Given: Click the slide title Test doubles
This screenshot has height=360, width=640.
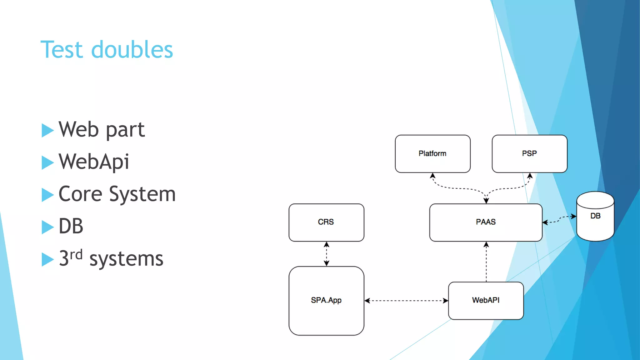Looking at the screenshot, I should coord(107,50).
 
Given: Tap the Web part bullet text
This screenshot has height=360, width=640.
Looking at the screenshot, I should coord(102,129).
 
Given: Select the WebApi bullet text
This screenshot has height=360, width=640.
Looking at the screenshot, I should coord(94,162).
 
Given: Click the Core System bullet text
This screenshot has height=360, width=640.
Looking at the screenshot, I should coord(117,194).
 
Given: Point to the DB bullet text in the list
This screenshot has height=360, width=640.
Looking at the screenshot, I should coord(71,226).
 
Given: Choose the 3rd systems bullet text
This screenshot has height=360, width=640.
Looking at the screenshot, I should coord(111,259).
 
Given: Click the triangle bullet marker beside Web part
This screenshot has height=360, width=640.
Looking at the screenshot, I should coord(47,130).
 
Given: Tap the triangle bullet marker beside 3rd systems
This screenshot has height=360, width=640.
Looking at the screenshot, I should coord(47,259).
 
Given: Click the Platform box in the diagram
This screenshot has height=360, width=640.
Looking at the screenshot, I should coord(432,154).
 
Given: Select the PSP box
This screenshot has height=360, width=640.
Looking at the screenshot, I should coord(529,154).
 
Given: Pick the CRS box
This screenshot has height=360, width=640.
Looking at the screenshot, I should coord(326,222).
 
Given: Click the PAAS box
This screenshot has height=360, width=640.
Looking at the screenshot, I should coord(486,222).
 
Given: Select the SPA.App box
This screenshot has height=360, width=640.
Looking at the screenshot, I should coord(326,301).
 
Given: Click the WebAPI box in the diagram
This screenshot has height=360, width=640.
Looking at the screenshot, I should coord(486,301).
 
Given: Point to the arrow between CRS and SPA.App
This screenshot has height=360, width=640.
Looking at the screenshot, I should coord(326,254).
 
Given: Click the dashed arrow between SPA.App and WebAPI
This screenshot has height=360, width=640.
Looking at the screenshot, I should coord(406,301).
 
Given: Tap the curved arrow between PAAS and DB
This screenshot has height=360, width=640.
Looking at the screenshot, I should coord(559,219).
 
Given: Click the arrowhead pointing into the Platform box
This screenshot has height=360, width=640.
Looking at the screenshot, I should coord(432,176).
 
